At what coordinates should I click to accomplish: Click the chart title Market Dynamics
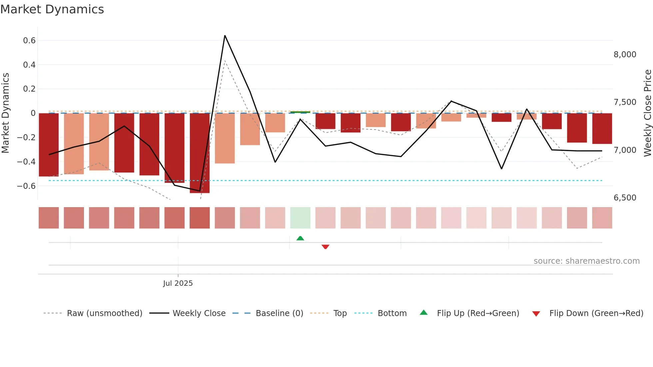(52, 9)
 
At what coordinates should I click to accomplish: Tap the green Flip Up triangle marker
(300, 238)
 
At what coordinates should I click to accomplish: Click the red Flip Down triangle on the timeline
(326, 247)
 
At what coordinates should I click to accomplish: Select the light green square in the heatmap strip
(300, 218)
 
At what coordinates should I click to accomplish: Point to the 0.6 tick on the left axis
(29, 41)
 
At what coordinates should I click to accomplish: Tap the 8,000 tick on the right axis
(625, 55)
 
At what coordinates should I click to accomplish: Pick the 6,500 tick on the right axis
(625, 198)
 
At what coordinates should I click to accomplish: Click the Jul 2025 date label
(178, 283)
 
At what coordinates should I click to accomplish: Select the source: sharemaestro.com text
(586, 261)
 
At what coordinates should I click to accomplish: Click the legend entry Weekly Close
(199, 313)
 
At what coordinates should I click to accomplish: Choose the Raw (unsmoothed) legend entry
(104, 313)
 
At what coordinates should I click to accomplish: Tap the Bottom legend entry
(392, 313)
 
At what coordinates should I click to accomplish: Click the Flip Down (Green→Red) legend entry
(596, 313)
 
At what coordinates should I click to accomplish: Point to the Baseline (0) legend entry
(279, 313)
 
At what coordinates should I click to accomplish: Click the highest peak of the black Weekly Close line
(225, 36)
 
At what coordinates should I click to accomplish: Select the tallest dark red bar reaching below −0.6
(200, 153)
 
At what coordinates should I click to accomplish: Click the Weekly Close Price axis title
(647, 113)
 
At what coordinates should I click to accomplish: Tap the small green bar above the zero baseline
(300, 112)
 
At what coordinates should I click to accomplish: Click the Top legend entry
(340, 313)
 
